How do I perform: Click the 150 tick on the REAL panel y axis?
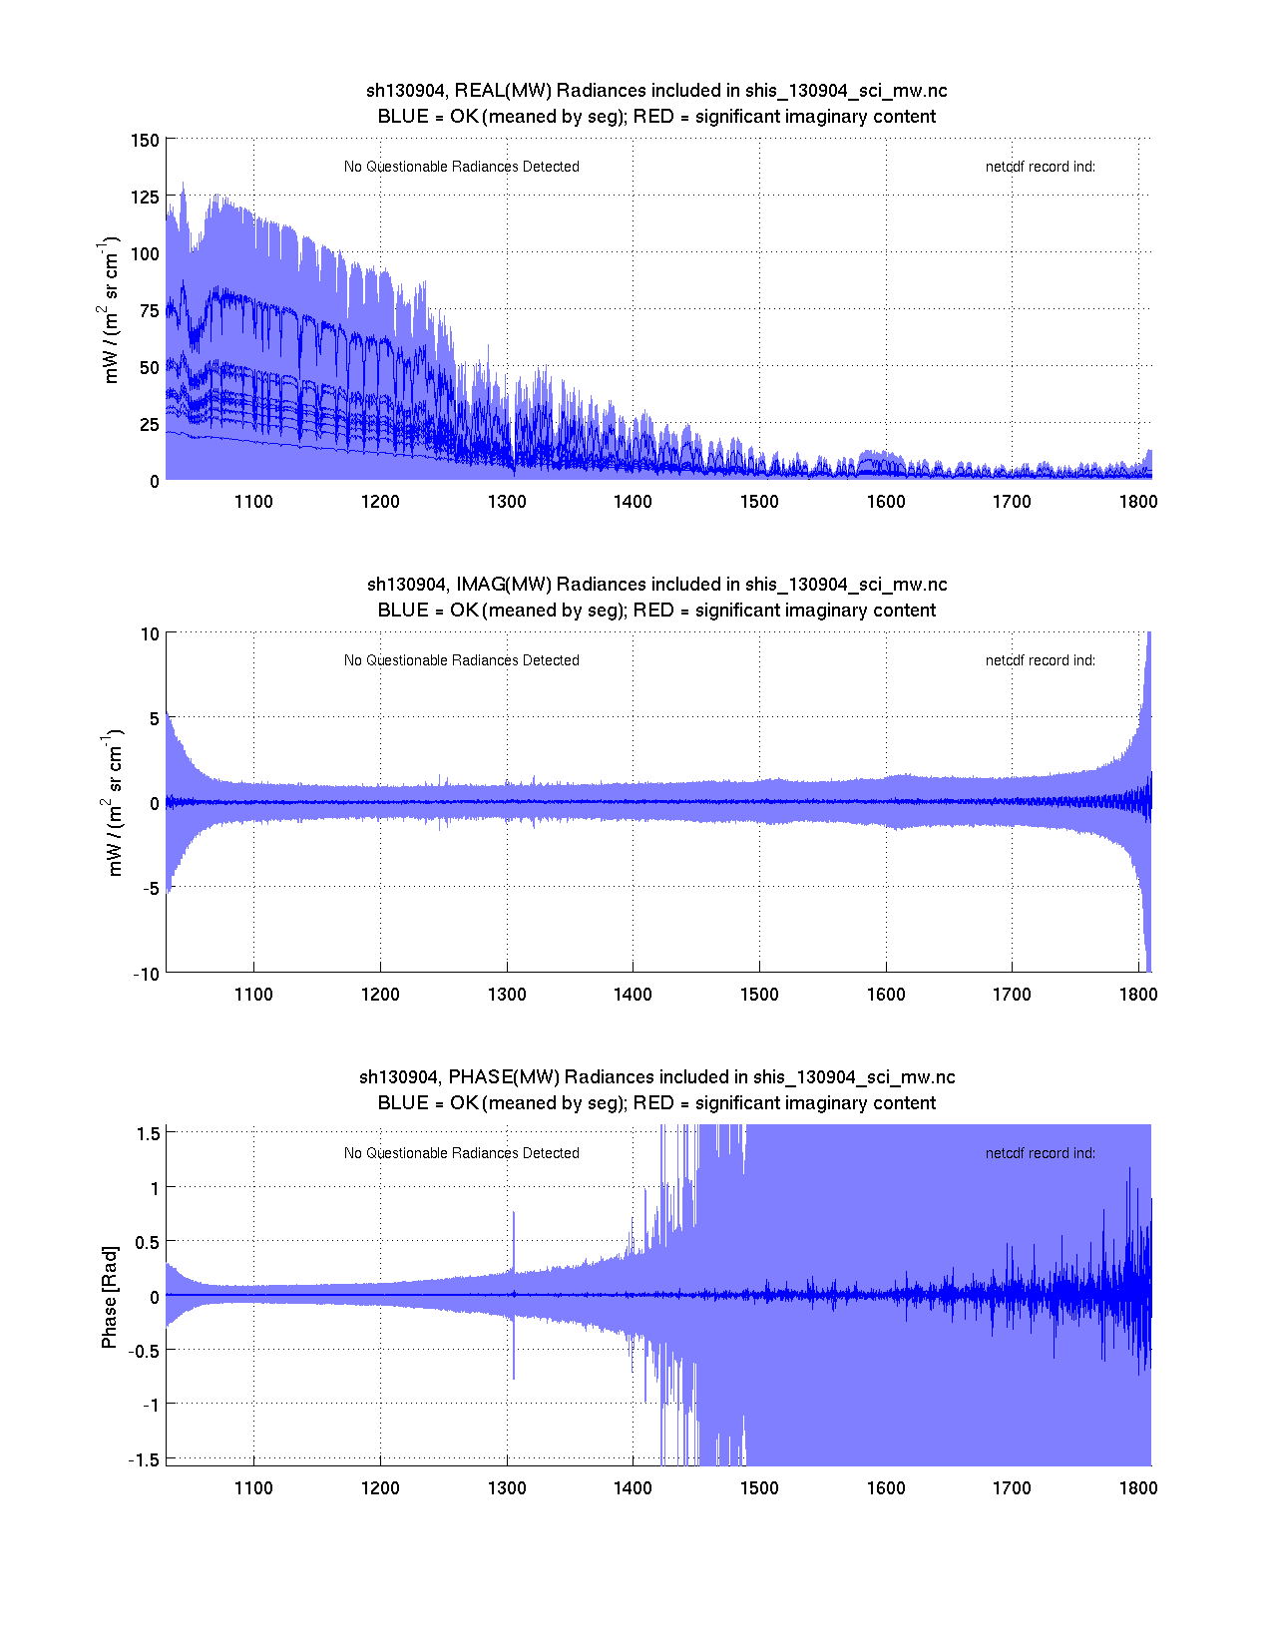click(x=145, y=140)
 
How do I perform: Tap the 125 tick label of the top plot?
click(x=145, y=197)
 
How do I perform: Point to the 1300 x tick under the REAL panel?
click(x=507, y=502)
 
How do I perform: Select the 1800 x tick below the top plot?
click(x=1138, y=502)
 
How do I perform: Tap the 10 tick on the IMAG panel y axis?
click(x=150, y=633)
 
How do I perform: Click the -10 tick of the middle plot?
click(x=146, y=975)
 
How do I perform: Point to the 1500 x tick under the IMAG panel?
click(x=759, y=995)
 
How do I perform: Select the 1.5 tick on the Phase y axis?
click(x=148, y=1133)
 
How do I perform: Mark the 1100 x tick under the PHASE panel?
click(x=253, y=1488)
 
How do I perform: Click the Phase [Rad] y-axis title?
click(x=110, y=1297)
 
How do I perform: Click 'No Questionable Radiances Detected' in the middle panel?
click(x=461, y=660)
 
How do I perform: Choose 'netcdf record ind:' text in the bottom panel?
click(x=1040, y=1153)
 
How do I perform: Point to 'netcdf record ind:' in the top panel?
click(x=1040, y=167)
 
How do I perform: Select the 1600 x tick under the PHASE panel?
click(x=886, y=1488)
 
